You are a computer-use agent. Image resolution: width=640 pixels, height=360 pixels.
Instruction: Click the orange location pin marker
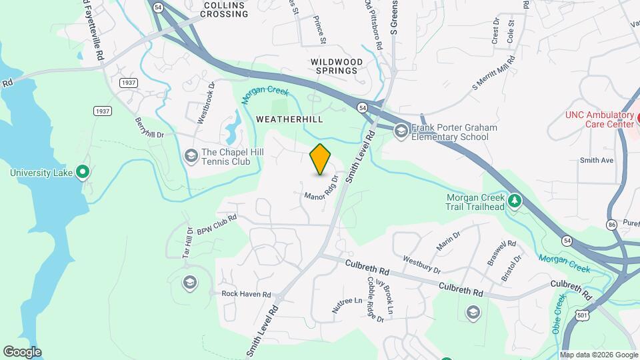(x=321, y=159)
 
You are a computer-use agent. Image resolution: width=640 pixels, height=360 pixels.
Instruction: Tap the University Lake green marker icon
(x=83, y=173)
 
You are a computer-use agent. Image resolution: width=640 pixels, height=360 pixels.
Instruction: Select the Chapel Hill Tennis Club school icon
(x=191, y=155)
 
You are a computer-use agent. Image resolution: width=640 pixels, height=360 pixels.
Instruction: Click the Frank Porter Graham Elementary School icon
(x=401, y=131)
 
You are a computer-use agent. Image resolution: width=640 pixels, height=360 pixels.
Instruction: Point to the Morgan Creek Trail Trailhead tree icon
(x=514, y=200)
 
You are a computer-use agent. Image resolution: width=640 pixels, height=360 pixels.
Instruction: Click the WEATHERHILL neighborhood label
(x=289, y=119)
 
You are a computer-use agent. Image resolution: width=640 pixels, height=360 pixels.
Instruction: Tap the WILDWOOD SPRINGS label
(x=337, y=66)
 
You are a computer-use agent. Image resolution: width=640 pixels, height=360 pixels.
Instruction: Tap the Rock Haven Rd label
(x=246, y=294)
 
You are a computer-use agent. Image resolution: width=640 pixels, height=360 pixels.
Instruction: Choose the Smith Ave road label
(x=596, y=160)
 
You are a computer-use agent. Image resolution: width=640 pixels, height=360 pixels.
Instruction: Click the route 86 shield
(x=612, y=225)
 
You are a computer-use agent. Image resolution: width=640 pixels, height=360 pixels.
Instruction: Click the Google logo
(x=22, y=352)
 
